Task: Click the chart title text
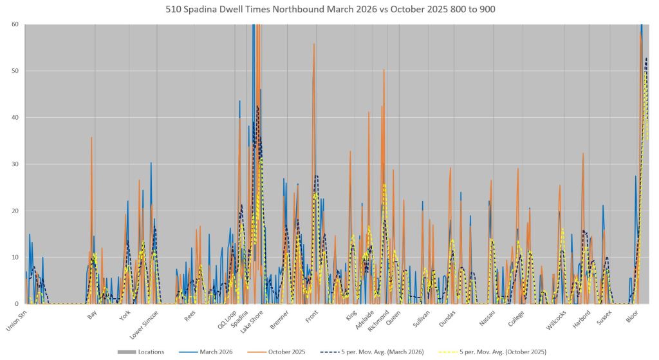point(329,10)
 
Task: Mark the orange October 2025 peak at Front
point(314,44)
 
